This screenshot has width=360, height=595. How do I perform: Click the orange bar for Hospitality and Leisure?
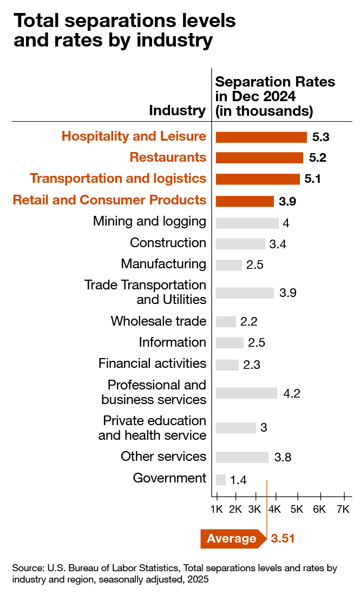point(261,136)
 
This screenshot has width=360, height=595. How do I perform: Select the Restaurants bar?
point(259,157)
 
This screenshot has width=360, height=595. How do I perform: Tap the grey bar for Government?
point(220,480)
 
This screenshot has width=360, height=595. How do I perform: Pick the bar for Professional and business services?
point(246,393)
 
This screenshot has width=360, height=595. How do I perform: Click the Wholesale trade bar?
point(226,321)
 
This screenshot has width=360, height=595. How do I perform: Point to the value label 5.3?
point(321,137)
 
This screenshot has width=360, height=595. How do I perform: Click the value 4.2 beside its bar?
point(292,393)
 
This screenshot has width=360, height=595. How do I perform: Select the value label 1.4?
point(239,480)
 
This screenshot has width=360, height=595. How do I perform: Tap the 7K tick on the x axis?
point(343,510)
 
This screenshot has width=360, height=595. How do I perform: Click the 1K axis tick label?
point(217,510)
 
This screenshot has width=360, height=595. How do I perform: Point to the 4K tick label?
point(274,510)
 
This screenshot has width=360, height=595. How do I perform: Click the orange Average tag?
point(232,539)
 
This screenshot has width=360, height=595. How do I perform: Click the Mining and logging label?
point(149,221)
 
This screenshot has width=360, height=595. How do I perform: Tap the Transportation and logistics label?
point(118,178)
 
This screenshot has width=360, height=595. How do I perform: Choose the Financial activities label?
point(152,363)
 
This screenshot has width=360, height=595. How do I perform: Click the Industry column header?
point(177,111)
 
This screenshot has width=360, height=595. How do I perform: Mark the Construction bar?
point(240,243)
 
